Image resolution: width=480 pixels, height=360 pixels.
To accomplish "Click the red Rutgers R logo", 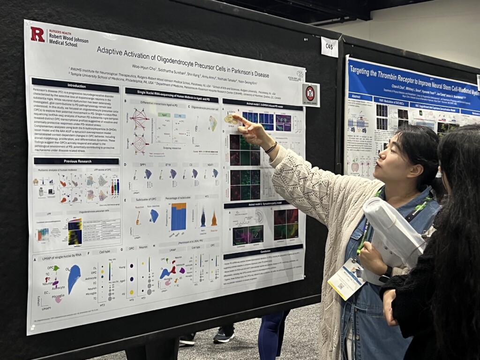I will tap(37, 34).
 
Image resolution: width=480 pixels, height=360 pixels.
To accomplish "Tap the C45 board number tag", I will tap(330, 47).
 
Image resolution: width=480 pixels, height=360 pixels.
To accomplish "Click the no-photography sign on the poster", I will tap(310, 94).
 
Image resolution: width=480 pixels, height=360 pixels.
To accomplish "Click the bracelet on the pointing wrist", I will tap(271, 148).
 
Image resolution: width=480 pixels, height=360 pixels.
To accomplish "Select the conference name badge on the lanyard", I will tap(346, 280).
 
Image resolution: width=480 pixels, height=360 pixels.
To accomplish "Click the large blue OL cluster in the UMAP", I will tap(74, 278).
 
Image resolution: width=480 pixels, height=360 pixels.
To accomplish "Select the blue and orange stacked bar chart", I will tap(178, 217).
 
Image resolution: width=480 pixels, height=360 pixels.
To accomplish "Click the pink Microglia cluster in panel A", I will tap(58, 299).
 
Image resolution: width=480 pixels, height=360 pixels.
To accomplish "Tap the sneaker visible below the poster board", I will tap(224, 335).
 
